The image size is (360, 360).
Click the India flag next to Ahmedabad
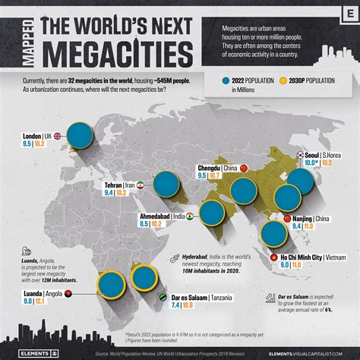(x=191, y=216)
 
